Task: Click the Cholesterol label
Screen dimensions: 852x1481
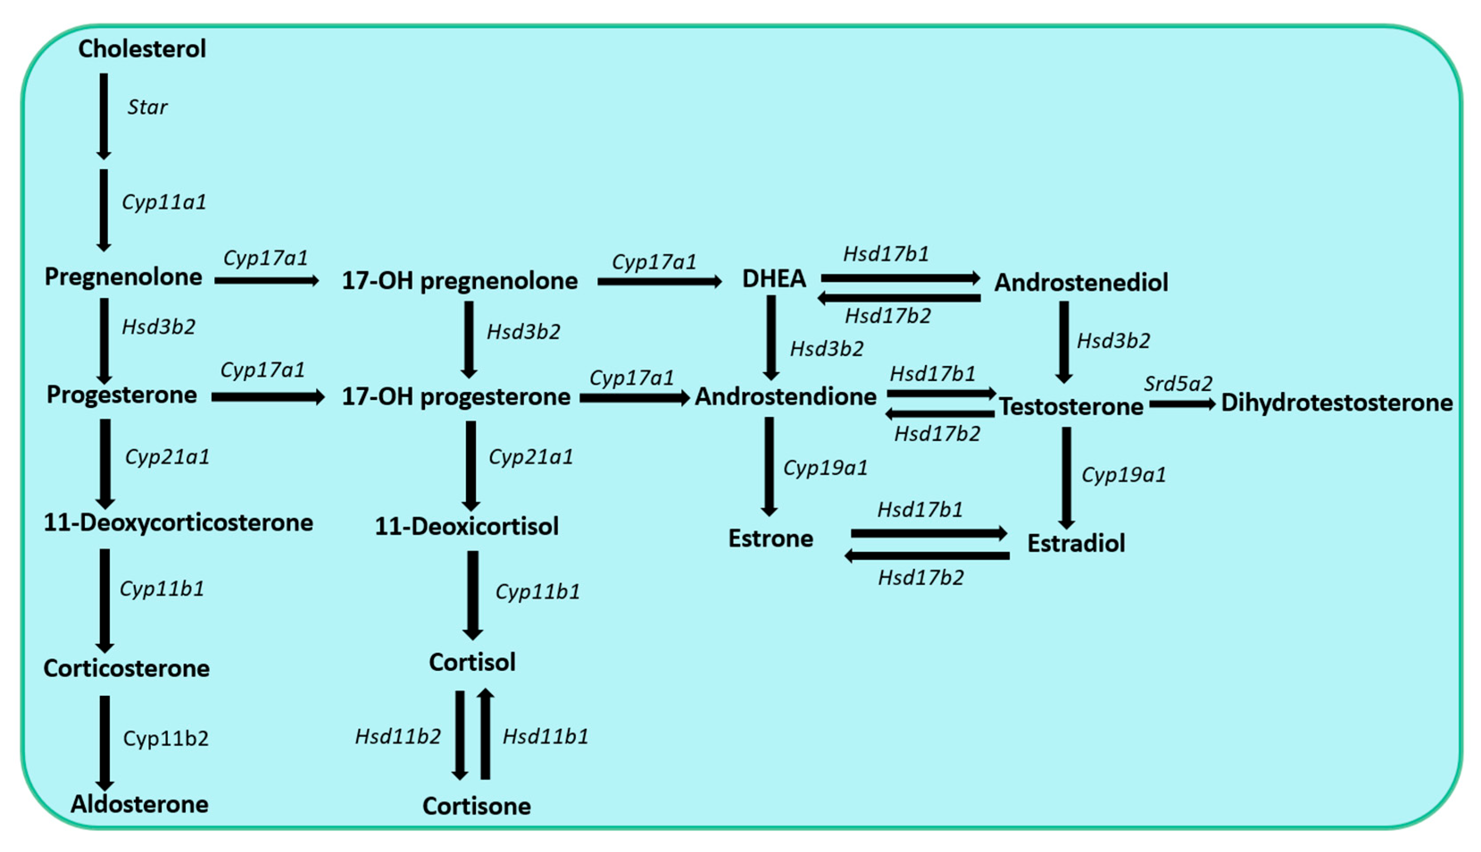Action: point(142,49)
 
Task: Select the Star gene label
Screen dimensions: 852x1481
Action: point(147,107)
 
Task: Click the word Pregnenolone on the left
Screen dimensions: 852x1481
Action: point(124,277)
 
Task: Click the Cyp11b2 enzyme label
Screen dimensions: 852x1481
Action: point(166,739)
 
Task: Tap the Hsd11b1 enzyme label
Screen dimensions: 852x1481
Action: point(545,736)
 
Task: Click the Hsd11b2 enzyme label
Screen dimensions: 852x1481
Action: point(398,736)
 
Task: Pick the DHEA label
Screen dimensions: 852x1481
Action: point(774,279)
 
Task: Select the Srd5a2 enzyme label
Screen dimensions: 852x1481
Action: point(1178,384)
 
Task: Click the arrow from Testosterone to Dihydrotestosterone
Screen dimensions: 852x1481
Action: point(1182,404)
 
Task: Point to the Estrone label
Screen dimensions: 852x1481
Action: point(771,538)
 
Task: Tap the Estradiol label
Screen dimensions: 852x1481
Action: point(1076,543)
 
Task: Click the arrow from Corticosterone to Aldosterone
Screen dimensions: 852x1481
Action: point(105,742)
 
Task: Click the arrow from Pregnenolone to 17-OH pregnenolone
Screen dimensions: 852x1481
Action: point(266,281)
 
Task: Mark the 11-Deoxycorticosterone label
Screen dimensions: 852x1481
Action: point(179,523)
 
